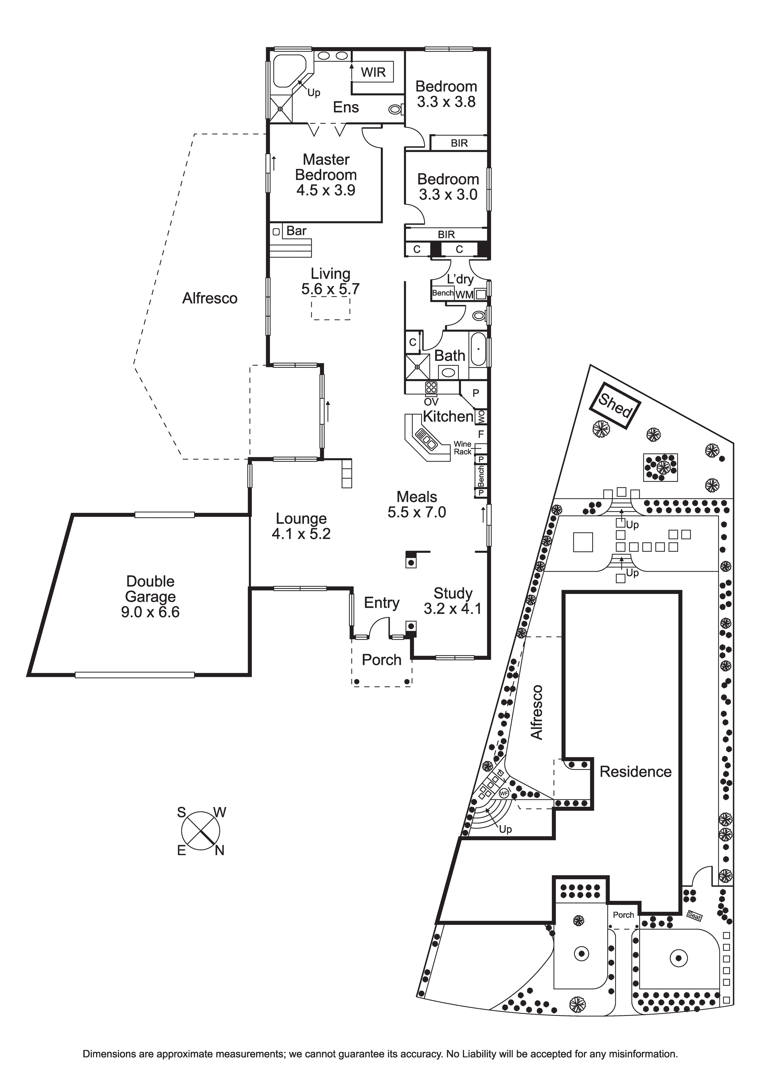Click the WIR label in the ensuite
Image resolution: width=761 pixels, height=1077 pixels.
[373, 72]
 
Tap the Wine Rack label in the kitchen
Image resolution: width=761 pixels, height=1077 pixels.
[462, 448]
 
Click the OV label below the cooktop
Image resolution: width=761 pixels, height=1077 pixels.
[431, 402]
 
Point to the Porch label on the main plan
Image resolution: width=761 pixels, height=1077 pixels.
[381, 660]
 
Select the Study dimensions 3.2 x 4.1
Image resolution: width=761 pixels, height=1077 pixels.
[452, 609]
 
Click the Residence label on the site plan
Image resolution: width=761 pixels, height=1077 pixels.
[635, 772]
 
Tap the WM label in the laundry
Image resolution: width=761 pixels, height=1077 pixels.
[464, 295]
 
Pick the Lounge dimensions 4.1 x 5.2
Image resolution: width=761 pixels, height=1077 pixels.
[301, 534]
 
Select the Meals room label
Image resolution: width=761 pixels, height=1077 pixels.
[417, 497]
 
